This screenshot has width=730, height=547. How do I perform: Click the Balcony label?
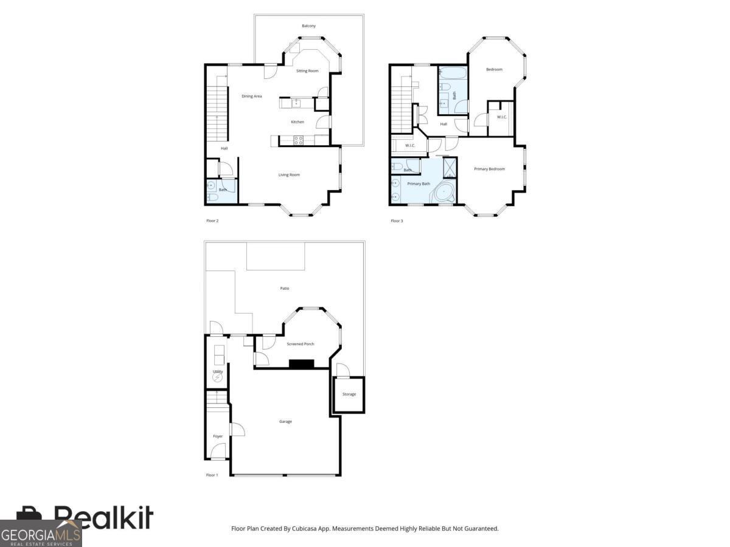(308, 26)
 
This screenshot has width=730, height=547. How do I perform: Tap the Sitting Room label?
(307, 71)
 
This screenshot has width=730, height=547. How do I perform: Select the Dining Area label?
(251, 96)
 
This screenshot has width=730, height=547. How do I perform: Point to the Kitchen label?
(297, 122)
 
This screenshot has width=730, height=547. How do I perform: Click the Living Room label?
(289, 175)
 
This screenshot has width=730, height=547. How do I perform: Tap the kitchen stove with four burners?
(299, 140)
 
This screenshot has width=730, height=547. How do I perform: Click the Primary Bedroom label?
(489, 169)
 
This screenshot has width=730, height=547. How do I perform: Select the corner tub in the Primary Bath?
(445, 193)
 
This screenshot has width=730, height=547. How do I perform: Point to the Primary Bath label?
(419, 184)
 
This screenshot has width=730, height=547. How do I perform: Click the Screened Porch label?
(301, 344)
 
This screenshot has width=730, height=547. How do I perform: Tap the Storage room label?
(349, 394)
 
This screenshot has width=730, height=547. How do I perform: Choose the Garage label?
(285, 421)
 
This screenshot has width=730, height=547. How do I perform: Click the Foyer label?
(217, 436)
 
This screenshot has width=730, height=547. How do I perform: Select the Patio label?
(284, 288)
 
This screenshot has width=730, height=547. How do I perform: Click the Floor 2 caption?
(212, 221)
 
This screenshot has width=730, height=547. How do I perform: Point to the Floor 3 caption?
(397, 221)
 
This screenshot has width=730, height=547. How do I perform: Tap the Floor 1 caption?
(212, 475)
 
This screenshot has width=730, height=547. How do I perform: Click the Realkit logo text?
(103, 518)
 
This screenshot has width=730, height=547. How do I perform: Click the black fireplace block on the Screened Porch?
(301, 364)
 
